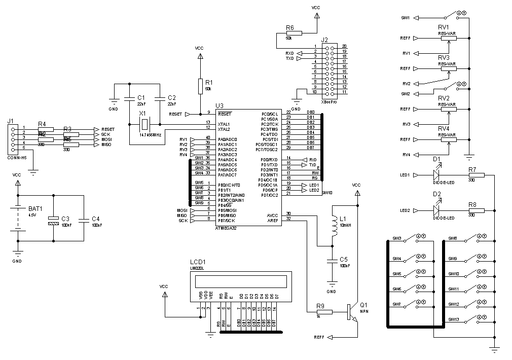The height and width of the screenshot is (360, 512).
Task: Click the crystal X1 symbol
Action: (145, 124)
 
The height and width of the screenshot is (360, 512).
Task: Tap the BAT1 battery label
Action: (35, 208)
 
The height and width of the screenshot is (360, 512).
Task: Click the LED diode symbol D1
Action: (436, 175)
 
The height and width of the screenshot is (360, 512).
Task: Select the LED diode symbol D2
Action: (436, 210)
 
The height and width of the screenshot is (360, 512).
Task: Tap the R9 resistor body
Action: (325, 312)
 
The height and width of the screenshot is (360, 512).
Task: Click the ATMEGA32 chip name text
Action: (226, 228)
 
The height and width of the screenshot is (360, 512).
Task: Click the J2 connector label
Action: (324, 40)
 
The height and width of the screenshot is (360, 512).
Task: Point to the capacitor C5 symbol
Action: (332, 261)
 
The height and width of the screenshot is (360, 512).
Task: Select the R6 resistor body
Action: (294, 33)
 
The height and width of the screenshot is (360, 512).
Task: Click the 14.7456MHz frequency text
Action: (150, 135)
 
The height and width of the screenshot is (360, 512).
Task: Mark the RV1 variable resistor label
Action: (444, 27)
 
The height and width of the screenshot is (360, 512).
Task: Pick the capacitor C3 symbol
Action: (53, 221)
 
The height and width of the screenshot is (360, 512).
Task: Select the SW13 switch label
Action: (453, 319)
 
